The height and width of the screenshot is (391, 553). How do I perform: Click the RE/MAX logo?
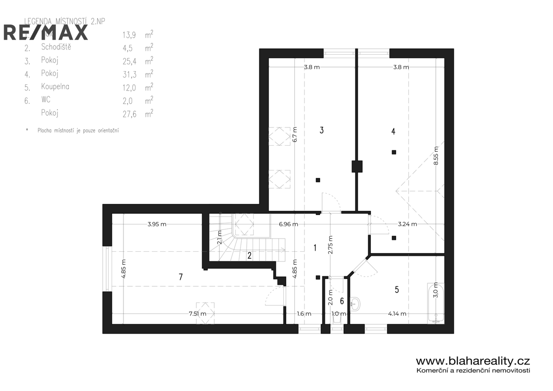pyautogui.click(x=46, y=33)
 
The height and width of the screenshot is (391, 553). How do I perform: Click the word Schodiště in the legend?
pyautogui.click(x=56, y=47)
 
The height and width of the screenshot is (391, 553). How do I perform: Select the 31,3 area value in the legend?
pyautogui.click(x=129, y=75)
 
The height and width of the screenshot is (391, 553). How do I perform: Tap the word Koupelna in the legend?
pyautogui.click(x=55, y=87)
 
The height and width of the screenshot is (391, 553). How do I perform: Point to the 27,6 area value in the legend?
pyautogui.click(x=129, y=114)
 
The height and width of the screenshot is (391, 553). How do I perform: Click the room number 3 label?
pyautogui.click(x=321, y=130)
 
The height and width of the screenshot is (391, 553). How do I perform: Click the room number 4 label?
pyautogui.click(x=393, y=131)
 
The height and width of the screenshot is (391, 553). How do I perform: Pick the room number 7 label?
pyautogui.click(x=180, y=277)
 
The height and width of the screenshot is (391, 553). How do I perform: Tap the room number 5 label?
pyautogui.click(x=397, y=290)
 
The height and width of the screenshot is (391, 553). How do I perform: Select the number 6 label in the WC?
pyautogui.click(x=342, y=301)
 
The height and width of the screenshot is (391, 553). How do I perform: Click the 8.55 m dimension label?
pyautogui.click(x=436, y=156)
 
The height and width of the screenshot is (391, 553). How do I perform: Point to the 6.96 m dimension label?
pyautogui.click(x=288, y=224)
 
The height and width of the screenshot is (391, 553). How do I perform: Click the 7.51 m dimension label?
pyautogui.click(x=197, y=314)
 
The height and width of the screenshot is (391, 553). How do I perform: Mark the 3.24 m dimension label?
pyautogui.click(x=407, y=224)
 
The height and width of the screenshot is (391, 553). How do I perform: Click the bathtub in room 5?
pyautogui.click(x=436, y=302)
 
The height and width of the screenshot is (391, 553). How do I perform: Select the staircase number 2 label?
pyautogui.click(x=250, y=256)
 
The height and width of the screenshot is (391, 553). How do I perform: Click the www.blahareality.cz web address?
pyautogui.click(x=473, y=361)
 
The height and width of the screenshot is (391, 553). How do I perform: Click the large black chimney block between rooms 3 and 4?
pyautogui.click(x=357, y=167)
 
